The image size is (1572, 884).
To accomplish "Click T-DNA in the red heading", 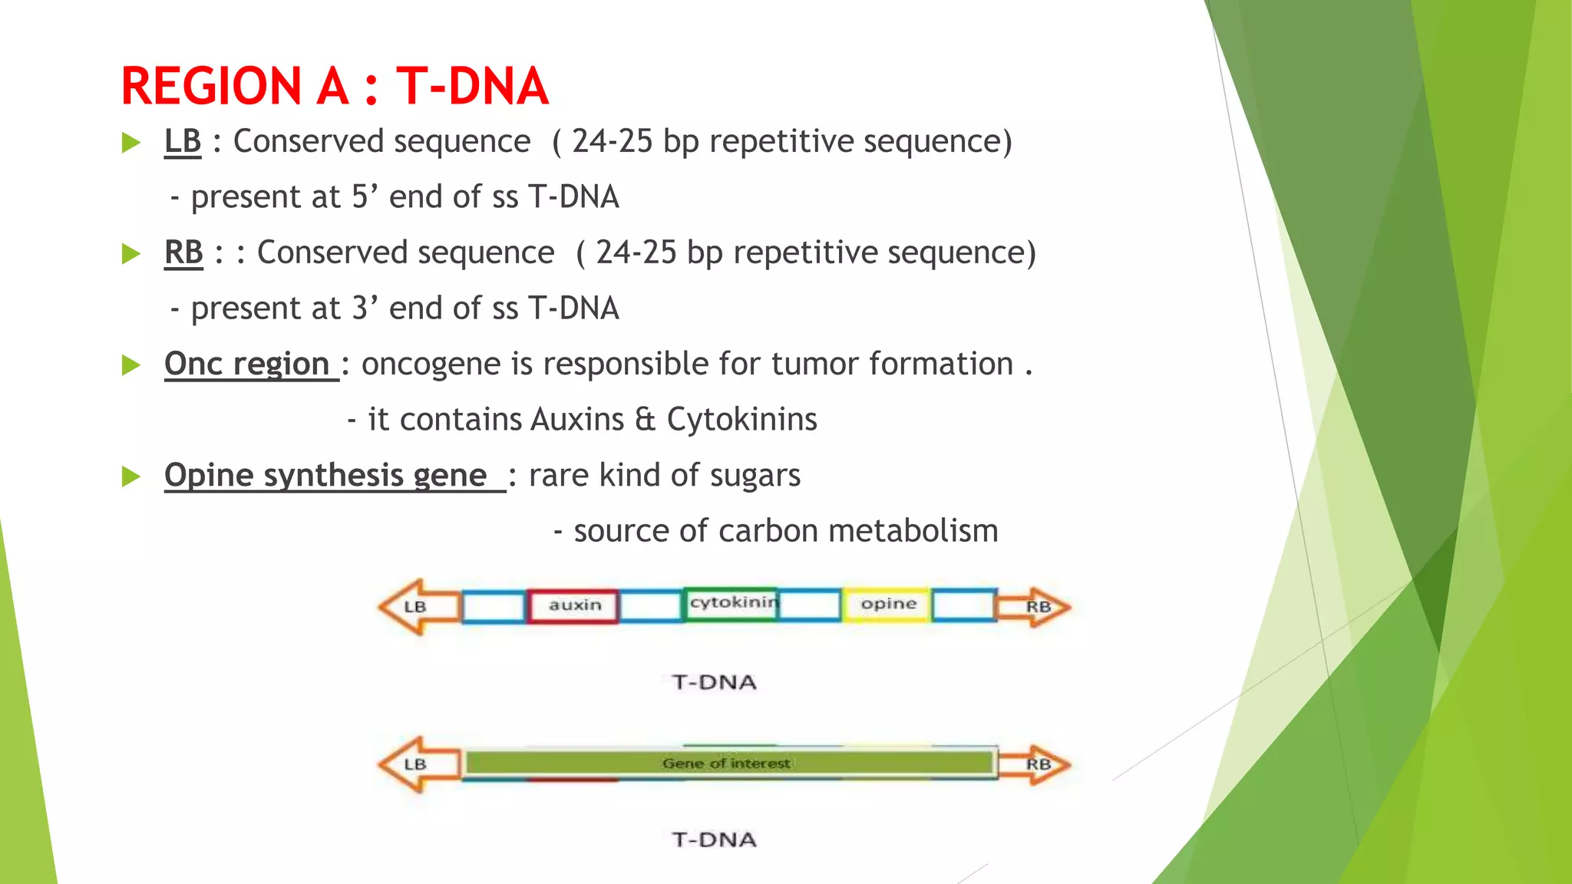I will tap(472, 86).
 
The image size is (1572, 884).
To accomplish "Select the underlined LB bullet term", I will tap(183, 142).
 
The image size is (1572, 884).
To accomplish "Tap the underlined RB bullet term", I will tap(183, 253).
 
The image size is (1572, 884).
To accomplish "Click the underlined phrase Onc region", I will tap(247, 364).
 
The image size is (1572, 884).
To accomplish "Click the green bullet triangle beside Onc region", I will tap(131, 365).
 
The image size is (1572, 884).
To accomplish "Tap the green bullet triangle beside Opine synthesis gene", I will tap(131, 477).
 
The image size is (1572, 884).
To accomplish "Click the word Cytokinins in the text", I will tap(741, 420).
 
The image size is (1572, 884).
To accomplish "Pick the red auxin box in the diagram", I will tap(573, 605).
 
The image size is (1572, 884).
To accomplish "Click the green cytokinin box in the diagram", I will tap(730, 604).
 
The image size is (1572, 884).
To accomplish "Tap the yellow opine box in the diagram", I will tap(888, 605).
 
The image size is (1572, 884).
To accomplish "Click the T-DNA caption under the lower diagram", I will tap(714, 839).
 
